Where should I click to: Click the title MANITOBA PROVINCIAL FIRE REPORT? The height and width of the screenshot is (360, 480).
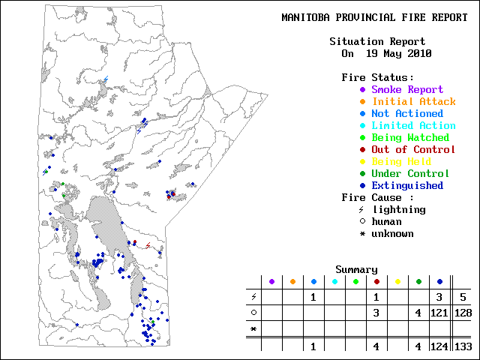pos(374,17)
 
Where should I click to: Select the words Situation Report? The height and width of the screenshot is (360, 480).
pos(377,41)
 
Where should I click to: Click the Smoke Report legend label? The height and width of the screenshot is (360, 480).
pos(407,89)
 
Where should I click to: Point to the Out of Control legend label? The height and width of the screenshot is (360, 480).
pos(413,149)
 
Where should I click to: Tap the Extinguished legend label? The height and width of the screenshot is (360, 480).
pos(407,185)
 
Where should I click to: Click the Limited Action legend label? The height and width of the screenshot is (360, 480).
pos(413,125)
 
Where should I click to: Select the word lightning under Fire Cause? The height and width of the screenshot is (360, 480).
pos(398,209)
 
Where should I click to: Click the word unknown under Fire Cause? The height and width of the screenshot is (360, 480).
pos(392,233)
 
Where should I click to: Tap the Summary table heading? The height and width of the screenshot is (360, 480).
pos(356,269)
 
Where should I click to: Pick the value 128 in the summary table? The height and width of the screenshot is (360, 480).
pos(463,313)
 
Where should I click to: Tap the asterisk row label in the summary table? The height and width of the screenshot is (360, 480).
pos(253,329)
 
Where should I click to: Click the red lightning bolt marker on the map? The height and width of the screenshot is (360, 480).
pos(148,245)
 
